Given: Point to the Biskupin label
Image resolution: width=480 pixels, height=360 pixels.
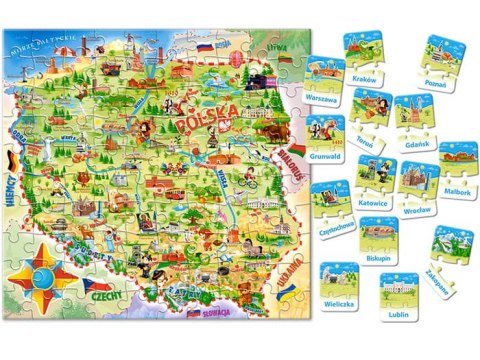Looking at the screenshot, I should click(x=379, y=257).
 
